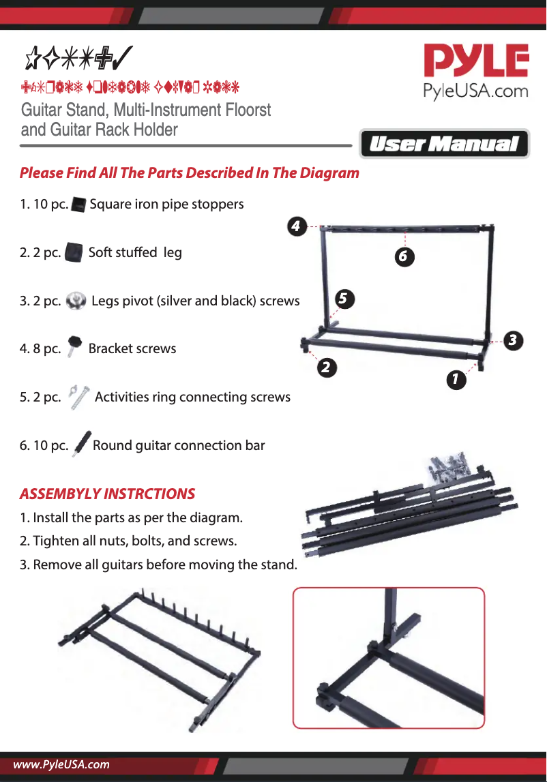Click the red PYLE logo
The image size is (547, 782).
point(476,61)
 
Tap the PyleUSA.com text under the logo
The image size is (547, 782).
point(476,91)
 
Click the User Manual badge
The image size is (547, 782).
point(444,144)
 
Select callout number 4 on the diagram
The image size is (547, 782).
point(295,225)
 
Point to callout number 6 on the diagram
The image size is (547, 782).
point(403,256)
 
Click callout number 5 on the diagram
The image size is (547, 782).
point(344,298)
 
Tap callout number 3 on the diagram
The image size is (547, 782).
point(513,340)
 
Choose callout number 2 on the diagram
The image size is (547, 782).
point(326,367)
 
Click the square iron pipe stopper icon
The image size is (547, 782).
point(78,204)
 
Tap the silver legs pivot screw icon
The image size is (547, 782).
point(78,300)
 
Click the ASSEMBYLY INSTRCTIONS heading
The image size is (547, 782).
point(107,494)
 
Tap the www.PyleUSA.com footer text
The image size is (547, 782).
point(61,764)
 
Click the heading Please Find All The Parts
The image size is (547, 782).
point(189,172)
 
